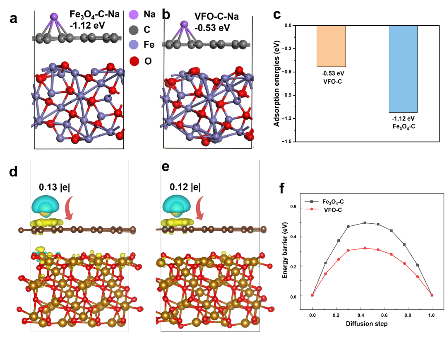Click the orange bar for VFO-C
pyautogui.click(x=331, y=46)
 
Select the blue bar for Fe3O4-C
pyautogui.click(x=403, y=69)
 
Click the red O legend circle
pyautogui.click(x=133, y=61)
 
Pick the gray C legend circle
pyautogui.click(x=133, y=30)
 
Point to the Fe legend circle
pyautogui.click(x=133, y=45)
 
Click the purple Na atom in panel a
pyautogui.click(x=54, y=17)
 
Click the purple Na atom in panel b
pyautogui.click(x=185, y=18)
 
